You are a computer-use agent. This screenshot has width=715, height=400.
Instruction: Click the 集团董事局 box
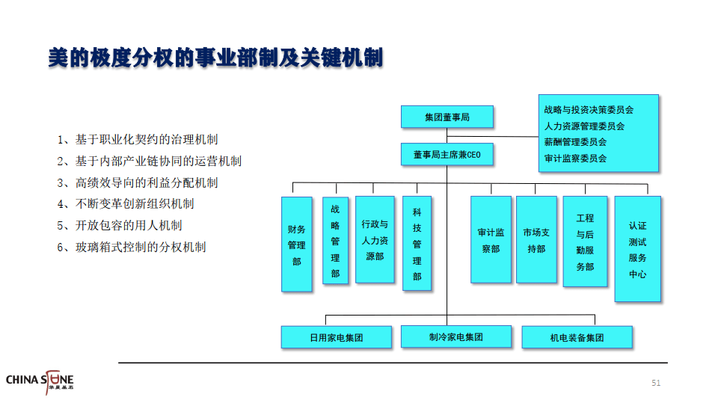[x=447, y=117]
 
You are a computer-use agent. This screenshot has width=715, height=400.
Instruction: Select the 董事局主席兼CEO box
[x=447, y=155]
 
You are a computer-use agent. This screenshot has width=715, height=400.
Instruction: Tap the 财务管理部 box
[x=297, y=244]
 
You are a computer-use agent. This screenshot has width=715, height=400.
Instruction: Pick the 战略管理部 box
[x=335, y=240]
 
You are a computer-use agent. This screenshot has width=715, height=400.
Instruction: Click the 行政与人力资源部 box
[x=375, y=240]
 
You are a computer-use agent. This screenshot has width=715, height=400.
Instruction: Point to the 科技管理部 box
[x=417, y=244]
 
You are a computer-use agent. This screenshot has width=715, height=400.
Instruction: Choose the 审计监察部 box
[x=491, y=240]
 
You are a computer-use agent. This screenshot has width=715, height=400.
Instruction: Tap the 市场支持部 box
[x=536, y=240]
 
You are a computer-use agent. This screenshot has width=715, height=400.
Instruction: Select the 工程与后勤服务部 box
[x=585, y=241]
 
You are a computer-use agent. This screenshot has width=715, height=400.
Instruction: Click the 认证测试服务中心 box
[x=637, y=249]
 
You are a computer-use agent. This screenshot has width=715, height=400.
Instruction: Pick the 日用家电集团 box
[x=337, y=337]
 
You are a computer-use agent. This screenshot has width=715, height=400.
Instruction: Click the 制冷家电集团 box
[x=456, y=337]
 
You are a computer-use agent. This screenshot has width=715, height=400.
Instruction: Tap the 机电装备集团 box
[x=577, y=337]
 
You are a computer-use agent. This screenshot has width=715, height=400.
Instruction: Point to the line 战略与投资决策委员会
[x=589, y=110]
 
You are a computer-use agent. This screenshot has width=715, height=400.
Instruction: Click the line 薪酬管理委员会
[x=575, y=142]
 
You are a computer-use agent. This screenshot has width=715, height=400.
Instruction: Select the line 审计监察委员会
[x=575, y=159]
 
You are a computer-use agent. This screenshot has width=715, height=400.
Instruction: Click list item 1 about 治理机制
[x=138, y=140]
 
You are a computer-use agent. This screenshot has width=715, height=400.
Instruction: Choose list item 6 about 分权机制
[x=132, y=247]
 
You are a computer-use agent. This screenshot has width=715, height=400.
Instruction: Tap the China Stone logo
[x=40, y=381]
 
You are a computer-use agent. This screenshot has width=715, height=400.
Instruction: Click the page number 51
[x=656, y=383]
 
